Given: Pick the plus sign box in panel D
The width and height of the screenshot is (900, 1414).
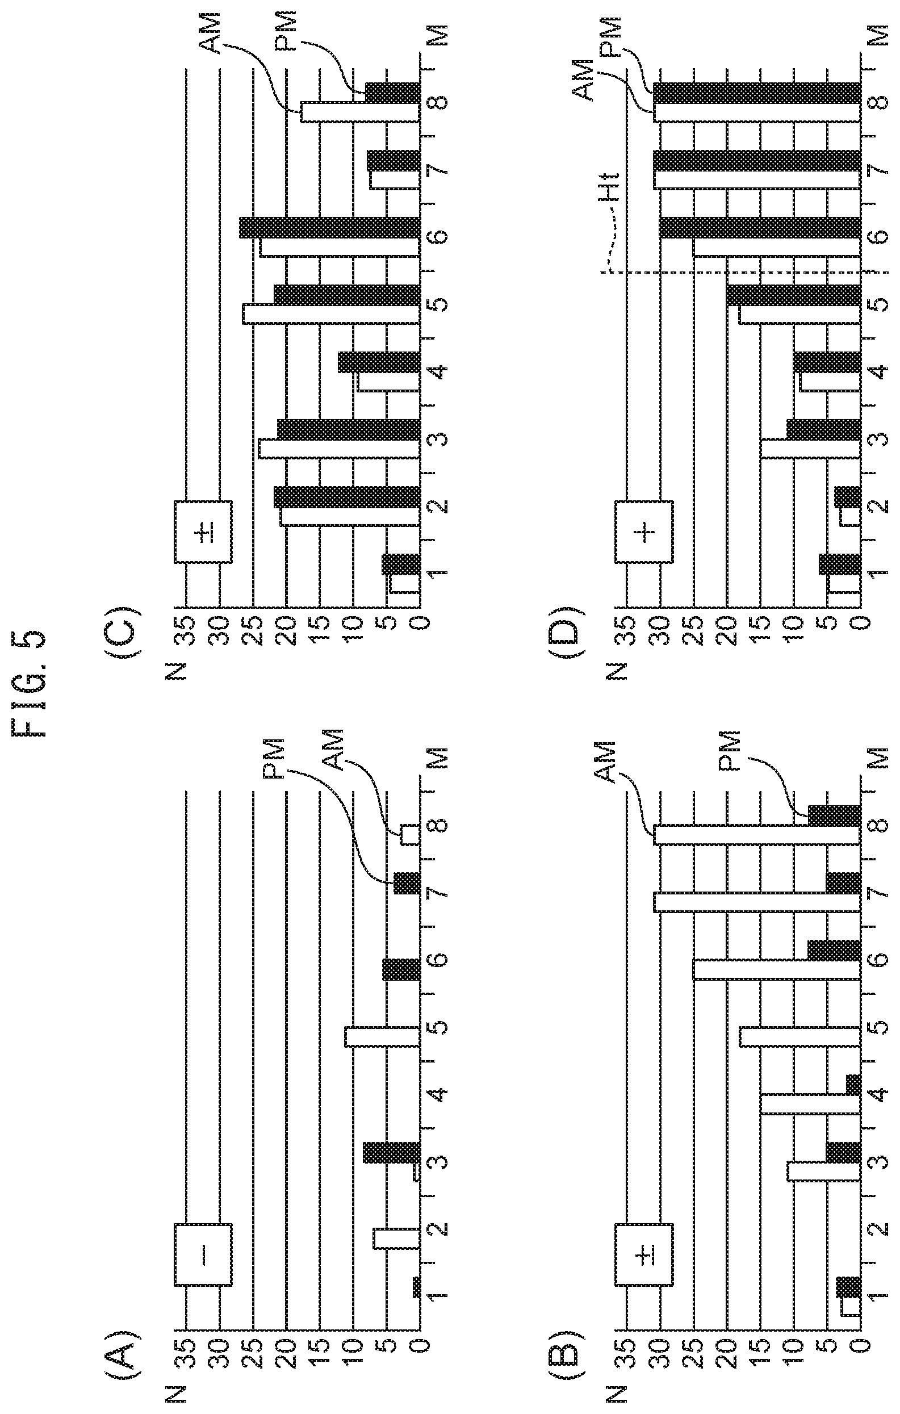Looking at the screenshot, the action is [644, 532].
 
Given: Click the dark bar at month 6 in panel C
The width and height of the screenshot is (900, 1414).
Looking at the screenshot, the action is [330, 228].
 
